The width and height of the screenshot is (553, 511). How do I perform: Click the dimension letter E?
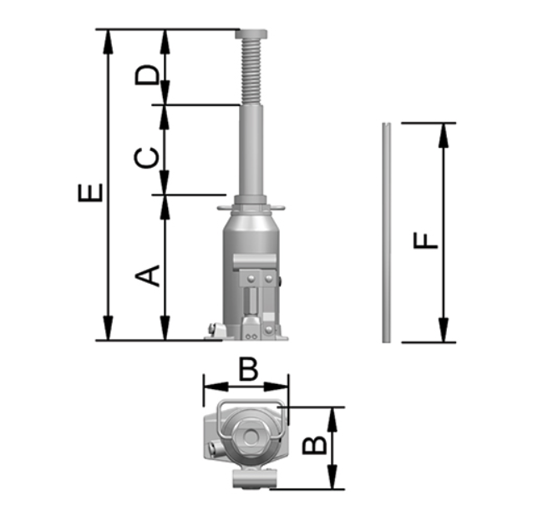(x=91, y=192)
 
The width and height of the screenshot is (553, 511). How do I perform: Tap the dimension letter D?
(x=145, y=74)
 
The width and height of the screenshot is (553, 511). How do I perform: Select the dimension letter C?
(x=145, y=158)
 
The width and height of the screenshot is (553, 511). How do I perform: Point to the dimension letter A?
(x=148, y=276)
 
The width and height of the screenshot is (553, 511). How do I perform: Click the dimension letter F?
(x=426, y=240)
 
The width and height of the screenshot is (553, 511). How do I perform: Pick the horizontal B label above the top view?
(x=249, y=369)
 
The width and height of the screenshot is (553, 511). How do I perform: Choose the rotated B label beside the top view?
(x=315, y=445)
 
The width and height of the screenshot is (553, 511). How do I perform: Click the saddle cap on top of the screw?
(x=251, y=34)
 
